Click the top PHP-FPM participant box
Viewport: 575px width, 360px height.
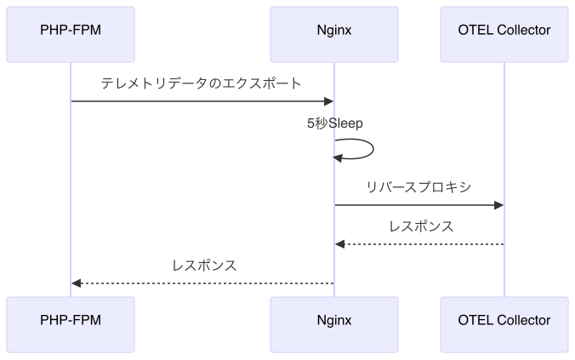pos(71,31)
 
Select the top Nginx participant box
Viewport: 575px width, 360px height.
pos(333,31)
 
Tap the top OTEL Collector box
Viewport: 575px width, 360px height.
pos(504,31)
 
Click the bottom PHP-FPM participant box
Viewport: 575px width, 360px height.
pos(71,321)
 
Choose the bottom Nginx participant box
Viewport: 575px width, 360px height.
pos(333,321)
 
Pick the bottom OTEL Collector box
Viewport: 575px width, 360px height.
pos(504,321)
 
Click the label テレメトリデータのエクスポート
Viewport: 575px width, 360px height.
pos(201,84)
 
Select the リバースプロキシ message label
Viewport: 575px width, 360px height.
pos(418,187)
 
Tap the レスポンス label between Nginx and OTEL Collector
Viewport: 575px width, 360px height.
pos(420,226)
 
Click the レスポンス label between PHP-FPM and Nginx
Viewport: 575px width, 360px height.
pos(204,266)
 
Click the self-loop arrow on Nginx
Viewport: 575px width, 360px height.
pos(372,149)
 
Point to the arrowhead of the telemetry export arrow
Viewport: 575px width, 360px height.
pos(328,102)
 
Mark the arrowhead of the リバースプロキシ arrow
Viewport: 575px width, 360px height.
pos(499,205)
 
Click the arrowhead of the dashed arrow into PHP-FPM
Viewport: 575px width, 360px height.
pos(77,283)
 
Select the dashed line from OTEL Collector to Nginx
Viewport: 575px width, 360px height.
pos(425,244)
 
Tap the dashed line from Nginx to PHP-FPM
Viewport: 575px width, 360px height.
pos(204,283)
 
